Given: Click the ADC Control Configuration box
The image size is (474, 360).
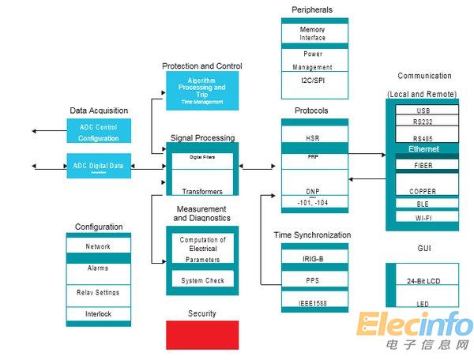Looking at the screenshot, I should pyautogui.click(x=99, y=132).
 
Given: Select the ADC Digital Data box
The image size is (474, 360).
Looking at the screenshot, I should pyautogui.click(x=99, y=166).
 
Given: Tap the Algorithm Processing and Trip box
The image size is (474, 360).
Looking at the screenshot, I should pyautogui.click(x=202, y=91).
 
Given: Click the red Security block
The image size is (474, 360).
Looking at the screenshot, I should pyautogui.click(x=202, y=335).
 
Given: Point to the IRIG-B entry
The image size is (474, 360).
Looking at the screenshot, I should pyautogui.click(x=314, y=258).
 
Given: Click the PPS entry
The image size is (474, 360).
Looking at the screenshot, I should pyautogui.click(x=314, y=280).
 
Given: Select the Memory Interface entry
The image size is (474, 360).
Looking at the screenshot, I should pyautogui.click(x=314, y=33).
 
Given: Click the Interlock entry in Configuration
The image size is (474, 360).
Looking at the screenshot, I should pyautogui.click(x=98, y=314).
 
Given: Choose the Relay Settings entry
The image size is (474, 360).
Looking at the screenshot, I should pyautogui.click(x=98, y=292).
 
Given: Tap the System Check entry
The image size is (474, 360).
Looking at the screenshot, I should pyautogui.click(x=202, y=280).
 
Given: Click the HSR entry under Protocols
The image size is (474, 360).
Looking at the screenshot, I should pyautogui.click(x=314, y=138).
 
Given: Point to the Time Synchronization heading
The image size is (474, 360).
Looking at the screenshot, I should pyautogui.click(x=312, y=234).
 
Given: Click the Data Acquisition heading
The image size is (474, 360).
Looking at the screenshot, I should pyautogui.click(x=99, y=111).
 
